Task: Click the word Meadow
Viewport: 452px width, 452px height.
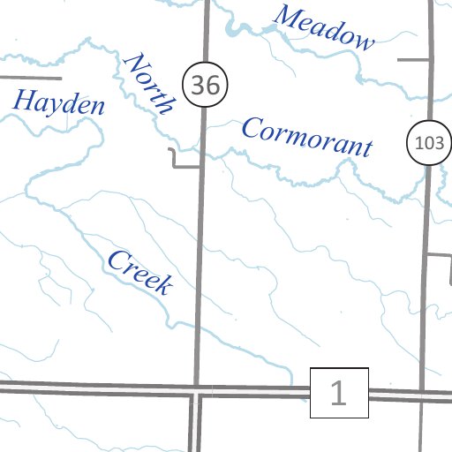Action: [x=324, y=26]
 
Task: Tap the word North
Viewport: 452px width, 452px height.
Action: [x=149, y=82]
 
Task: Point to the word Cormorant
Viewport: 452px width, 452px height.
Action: [x=306, y=137]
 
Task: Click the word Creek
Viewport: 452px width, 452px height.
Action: [x=139, y=272]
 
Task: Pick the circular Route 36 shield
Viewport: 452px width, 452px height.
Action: [x=206, y=85]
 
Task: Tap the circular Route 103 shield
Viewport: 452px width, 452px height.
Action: [x=428, y=144]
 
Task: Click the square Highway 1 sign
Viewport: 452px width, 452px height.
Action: [x=339, y=393]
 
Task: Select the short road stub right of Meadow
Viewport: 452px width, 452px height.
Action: [x=415, y=60]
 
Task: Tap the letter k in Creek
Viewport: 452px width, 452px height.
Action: [x=162, y=284]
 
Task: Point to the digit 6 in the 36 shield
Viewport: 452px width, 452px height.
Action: [x=212, y=85]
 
